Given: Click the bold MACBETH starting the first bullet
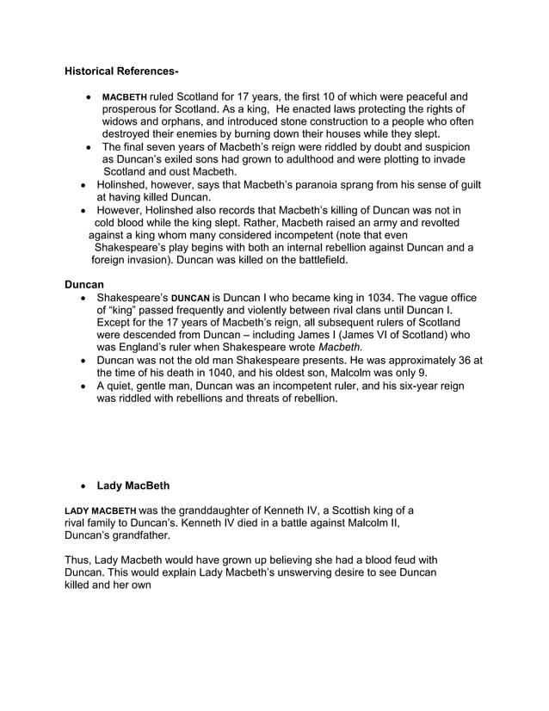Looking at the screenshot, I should point(125,97).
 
